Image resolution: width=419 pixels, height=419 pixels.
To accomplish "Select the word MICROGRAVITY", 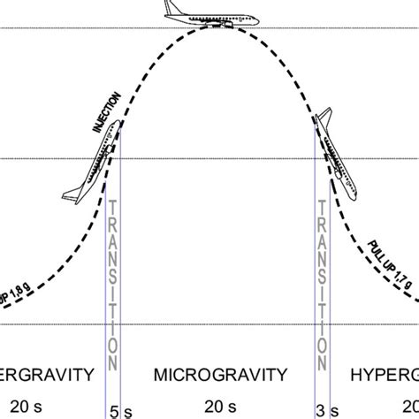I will [209, 375].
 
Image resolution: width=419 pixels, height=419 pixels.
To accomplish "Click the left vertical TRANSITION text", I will [112, 284].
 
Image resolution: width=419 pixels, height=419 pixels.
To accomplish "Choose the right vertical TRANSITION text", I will [326, 284].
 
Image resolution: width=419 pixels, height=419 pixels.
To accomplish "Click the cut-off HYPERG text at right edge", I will [385, 375].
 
